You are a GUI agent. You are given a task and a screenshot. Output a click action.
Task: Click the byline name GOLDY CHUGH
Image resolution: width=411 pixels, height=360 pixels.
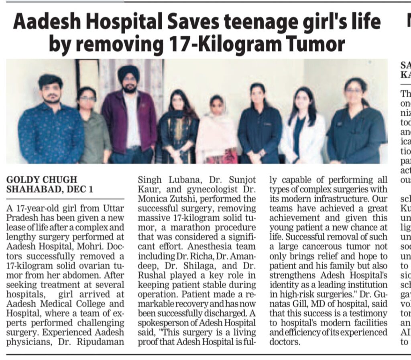42,179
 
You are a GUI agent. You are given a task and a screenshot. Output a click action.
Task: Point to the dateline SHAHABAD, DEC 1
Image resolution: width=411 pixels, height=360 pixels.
50,189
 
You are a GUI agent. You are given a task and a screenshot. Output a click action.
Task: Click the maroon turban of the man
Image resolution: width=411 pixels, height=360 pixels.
128,73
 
